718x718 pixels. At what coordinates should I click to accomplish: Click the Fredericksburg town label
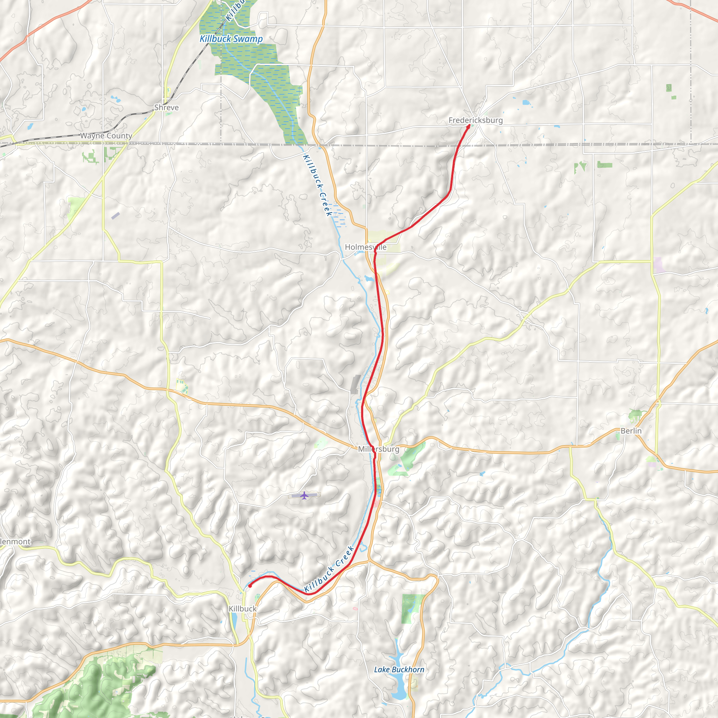coord(475,120)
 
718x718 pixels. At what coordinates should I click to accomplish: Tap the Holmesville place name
coord(365,247)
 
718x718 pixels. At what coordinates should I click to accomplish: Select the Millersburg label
coord(378,449)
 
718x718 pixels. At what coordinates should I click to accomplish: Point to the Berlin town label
coord(631,431)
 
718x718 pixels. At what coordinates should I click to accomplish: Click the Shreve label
coord(166,107)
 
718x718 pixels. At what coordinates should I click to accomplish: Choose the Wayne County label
coord(106,136)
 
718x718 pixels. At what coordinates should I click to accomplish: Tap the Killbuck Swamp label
coord(231,39)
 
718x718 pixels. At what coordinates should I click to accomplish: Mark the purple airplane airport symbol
coord(304,495)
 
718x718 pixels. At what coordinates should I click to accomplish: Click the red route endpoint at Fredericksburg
coord(468,126)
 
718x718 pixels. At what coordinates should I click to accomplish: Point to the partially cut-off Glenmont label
coord(15,541)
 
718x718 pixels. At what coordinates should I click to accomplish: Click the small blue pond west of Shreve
coord(115,99)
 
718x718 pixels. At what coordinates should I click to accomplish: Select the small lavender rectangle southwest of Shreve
coord(116,216)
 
